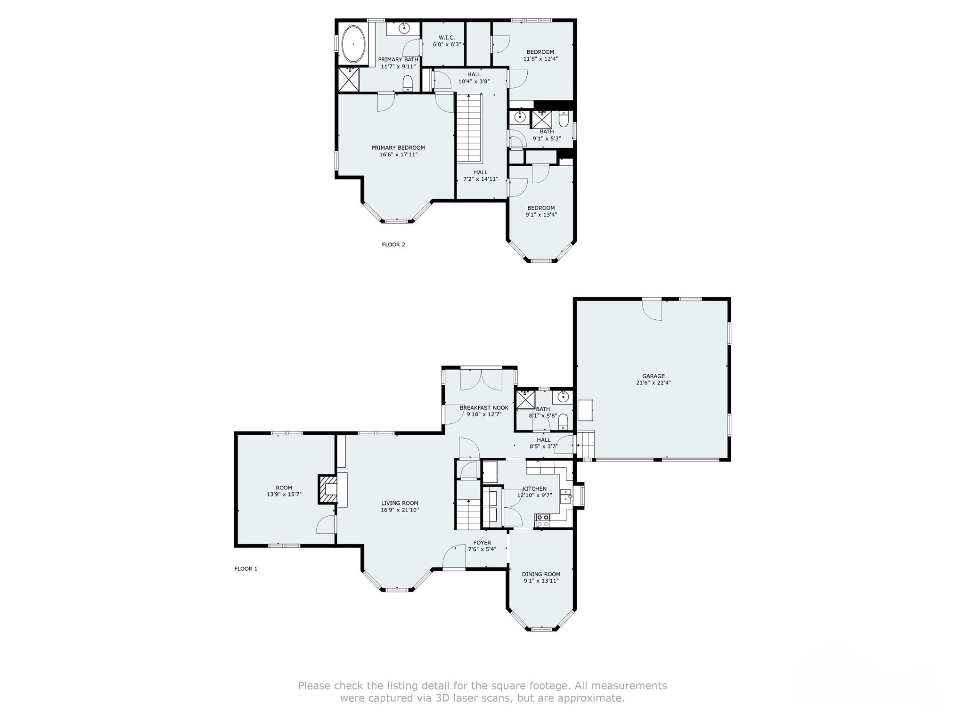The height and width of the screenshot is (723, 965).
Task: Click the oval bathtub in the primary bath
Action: [x=353, y=44]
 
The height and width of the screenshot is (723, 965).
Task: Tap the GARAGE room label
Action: [x=653, y=376]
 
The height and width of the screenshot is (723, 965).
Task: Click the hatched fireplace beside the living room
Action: [x=328, y=489]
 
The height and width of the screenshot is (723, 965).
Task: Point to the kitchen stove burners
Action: [x=543, y=520]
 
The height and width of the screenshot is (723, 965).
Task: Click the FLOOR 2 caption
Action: [x=393, y=244]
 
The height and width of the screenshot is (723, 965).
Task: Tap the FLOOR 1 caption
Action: [x=246, y=569]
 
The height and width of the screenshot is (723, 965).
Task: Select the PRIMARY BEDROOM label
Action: [x=398, y=147]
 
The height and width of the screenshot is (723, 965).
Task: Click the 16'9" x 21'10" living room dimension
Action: [x=400, y=510]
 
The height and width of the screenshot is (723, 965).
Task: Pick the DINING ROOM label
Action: [x=541, y=574]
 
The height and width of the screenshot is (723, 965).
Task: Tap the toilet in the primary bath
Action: [x=408, y=84]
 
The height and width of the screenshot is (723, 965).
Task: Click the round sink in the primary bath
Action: [x=404, y=28]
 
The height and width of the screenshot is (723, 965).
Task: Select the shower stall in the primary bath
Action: [x=349, y=79]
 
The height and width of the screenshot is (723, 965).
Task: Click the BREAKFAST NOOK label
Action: [x=484, y=408]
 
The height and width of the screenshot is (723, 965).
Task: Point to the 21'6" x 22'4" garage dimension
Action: [x=653, y=383]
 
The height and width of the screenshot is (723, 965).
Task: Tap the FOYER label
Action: [x=482, y=543]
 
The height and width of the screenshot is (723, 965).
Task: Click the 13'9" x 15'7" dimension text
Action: [x=284, y=495]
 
